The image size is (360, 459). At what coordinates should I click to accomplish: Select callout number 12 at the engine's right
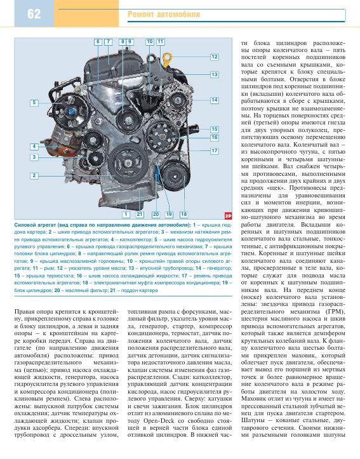[215, 57]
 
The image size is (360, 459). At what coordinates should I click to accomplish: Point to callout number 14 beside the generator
[215, 100]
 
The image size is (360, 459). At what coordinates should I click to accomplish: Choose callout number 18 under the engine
[183, 214]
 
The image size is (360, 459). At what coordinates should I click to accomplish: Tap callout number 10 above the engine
[149, 41]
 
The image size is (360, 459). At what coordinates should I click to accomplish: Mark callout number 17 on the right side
[215, 150]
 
